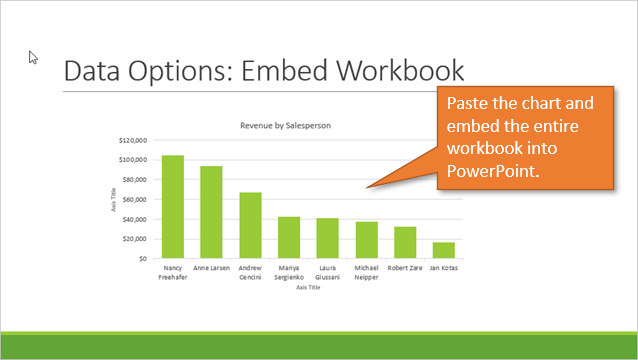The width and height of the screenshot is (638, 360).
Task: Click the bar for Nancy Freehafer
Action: [173, 207]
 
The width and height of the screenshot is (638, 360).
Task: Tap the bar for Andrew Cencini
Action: [250, 225]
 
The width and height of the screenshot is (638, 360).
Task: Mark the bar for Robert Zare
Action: [405, 242]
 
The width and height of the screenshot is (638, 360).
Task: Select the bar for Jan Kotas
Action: [443, 250]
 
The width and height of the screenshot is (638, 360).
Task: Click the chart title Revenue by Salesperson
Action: [285, 126]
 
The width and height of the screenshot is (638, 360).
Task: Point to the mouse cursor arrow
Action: [33, 57]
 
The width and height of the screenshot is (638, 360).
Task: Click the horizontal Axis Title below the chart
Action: [308, 289]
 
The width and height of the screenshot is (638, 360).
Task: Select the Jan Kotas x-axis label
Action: [443, 269]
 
